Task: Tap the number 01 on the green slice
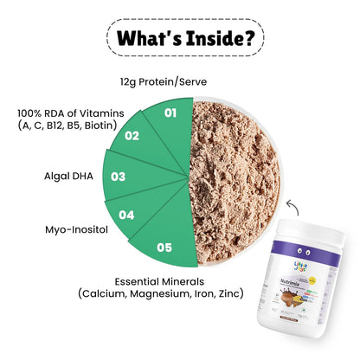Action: click(170, 112)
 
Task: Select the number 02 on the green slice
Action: click(132, 135)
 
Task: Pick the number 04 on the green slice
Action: click(126, 214)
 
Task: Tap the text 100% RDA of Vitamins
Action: click(68, 112)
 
